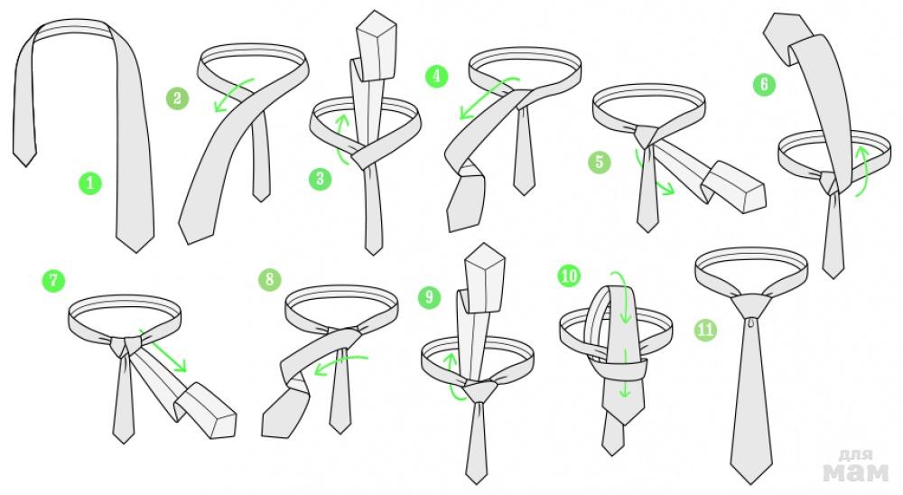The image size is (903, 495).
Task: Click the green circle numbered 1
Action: coord(89,183)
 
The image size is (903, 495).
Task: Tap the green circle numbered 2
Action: coord(177,98)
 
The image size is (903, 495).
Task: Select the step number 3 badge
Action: coord(321,179)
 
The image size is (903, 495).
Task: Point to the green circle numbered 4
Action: coord(436,77)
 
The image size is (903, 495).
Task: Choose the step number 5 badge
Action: coord(600,162)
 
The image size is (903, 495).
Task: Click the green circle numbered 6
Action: coord(764,85)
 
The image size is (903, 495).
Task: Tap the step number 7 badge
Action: coord(53,281)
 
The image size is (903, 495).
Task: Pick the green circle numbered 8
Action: coord(269,280)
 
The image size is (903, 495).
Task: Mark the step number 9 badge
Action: coord(429,297)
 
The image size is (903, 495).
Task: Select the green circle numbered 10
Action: coord(569,276)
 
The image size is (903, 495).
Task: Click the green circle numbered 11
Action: coord(705,330)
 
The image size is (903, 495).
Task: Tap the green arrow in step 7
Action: coord(163,350)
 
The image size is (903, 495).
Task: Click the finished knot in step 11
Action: coord(752,305)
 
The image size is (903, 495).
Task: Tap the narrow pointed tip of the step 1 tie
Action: coord(24,166)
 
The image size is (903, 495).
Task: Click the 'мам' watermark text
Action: coord(856,472)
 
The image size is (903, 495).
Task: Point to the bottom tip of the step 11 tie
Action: coord(751,483)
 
